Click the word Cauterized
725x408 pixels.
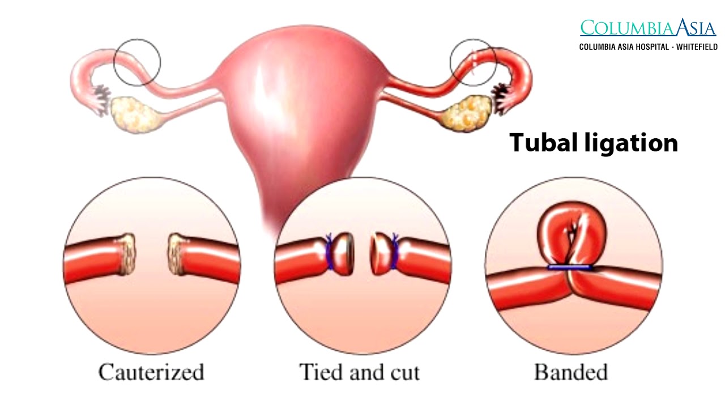coord(151,372)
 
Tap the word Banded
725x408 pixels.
coord(570,372)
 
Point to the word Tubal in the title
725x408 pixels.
coord(544,142)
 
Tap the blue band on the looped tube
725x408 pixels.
coord(570,267)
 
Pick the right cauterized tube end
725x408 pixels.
coord(177,254)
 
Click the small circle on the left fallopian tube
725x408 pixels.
coord(137,62)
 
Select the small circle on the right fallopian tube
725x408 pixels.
coord(473,62)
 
